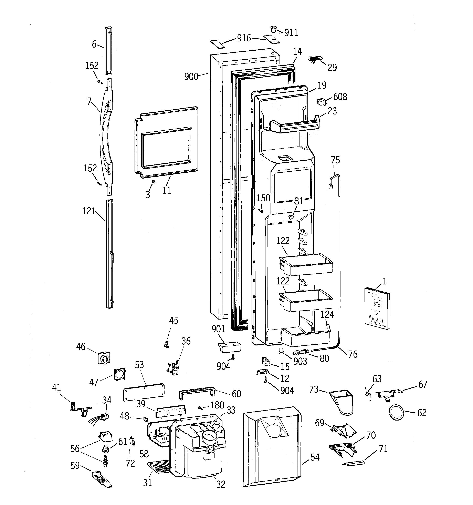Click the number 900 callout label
(x=191, y=76)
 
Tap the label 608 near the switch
(x=340, y=97)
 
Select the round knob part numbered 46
(x=104, y=358)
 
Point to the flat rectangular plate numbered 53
(x=144, y=392)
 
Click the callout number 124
(x=327, y=314)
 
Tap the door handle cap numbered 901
(x=229, y=346)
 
